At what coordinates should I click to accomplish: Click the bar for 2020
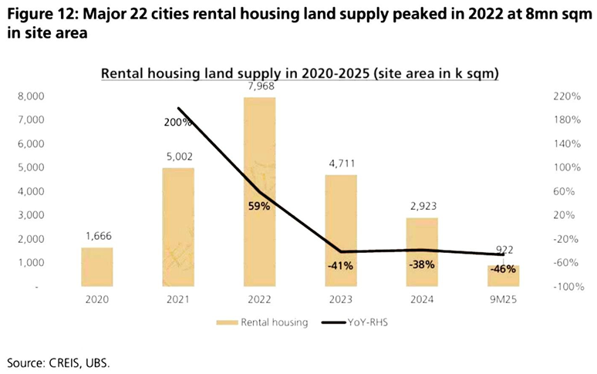(x=97, y=266)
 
